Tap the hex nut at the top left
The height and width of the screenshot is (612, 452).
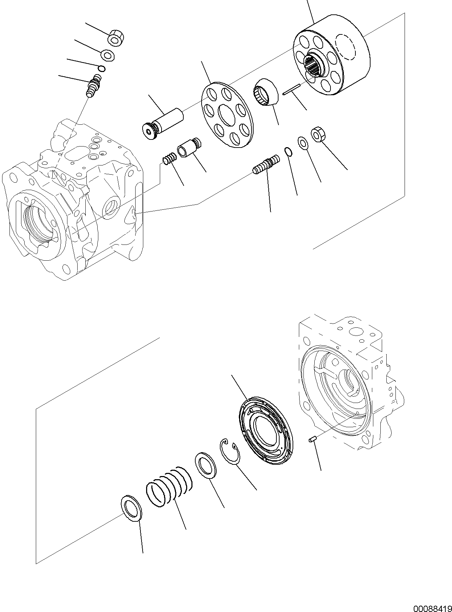(114, 38)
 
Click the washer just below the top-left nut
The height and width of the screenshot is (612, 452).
(107, 55)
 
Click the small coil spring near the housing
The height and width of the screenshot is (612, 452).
(169, 159)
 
